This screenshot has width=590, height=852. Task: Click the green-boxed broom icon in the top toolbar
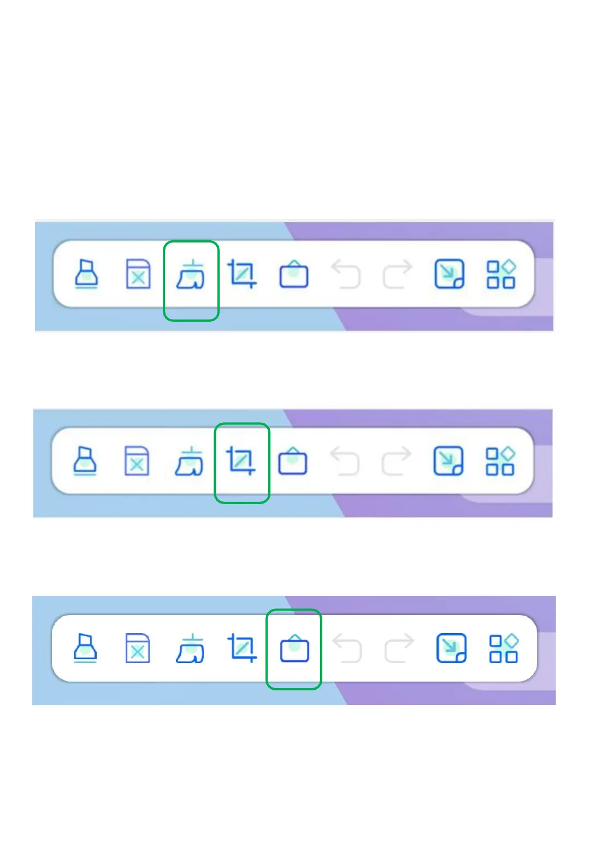pyautogui.click(x=191, y=275)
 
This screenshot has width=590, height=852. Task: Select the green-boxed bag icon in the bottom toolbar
pyautogui.click(x=294, y=648)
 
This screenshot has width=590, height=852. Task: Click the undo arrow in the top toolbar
pyautogui.click(x=346, y=274)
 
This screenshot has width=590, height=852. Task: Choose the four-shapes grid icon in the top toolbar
pyautogui.click(x=501, y=274)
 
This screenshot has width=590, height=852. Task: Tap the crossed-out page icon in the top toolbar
pyautogui.click(x=138, y=274)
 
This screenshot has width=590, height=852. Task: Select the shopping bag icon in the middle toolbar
pyautogui.click(x=293, y=461)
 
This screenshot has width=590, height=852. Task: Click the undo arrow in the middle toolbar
pyautogui.click(x=345, y=461)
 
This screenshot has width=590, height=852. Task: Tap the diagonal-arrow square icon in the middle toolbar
pyautogui.click(x=449, y=461)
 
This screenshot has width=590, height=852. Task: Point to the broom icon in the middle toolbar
pyautogui.click(x=189, y=461)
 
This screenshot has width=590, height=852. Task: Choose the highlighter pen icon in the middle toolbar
pyautogui.click(x=85, y=461)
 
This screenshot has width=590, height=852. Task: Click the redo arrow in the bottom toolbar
pyautogui.click(x=399, y=648)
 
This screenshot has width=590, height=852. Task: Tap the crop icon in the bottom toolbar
pyautogui.click(x=242, y=648)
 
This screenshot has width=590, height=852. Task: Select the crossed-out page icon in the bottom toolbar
pyautogui.click(x=137, y=648)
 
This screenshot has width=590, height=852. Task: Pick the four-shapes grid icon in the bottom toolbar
pyautogui.click(x=504, y=648)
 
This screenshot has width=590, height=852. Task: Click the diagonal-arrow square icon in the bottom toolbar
pyautogui.click(x=451, y=648)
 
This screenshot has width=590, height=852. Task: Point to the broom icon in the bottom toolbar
pyautogui.click(x=190, y=649)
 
